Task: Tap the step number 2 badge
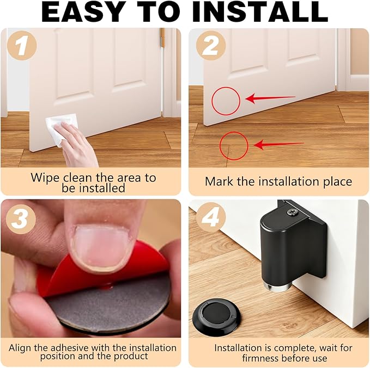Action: [x=208, y=47]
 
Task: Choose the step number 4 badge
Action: [x=208, y=220]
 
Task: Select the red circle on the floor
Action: [x=234, y=146]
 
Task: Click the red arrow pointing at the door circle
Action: [x=270, y=98]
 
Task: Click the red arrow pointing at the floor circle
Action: [x=278, y=145]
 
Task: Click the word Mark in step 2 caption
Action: [x=217, y=182]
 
